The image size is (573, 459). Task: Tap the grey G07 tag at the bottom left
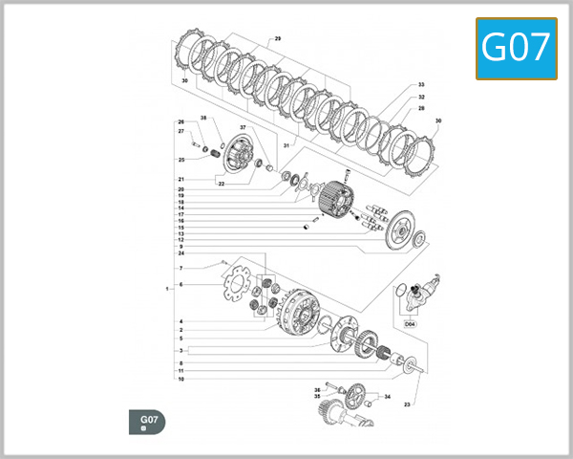147,421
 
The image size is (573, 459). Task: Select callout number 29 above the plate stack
278,38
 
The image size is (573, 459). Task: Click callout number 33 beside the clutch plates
421,85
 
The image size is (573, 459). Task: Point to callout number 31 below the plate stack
286,145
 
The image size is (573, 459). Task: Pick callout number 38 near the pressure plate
203,118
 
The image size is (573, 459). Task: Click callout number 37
243,127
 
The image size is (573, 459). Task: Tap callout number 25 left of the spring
180,160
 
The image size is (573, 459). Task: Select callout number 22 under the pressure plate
221,184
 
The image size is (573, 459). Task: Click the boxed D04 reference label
411,324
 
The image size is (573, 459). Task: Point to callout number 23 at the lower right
406,404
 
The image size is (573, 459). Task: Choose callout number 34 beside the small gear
387,396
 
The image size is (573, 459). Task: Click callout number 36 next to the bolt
317,389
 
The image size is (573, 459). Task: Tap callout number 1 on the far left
166,288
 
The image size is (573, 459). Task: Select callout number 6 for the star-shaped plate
180,285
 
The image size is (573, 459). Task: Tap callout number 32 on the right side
421,97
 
